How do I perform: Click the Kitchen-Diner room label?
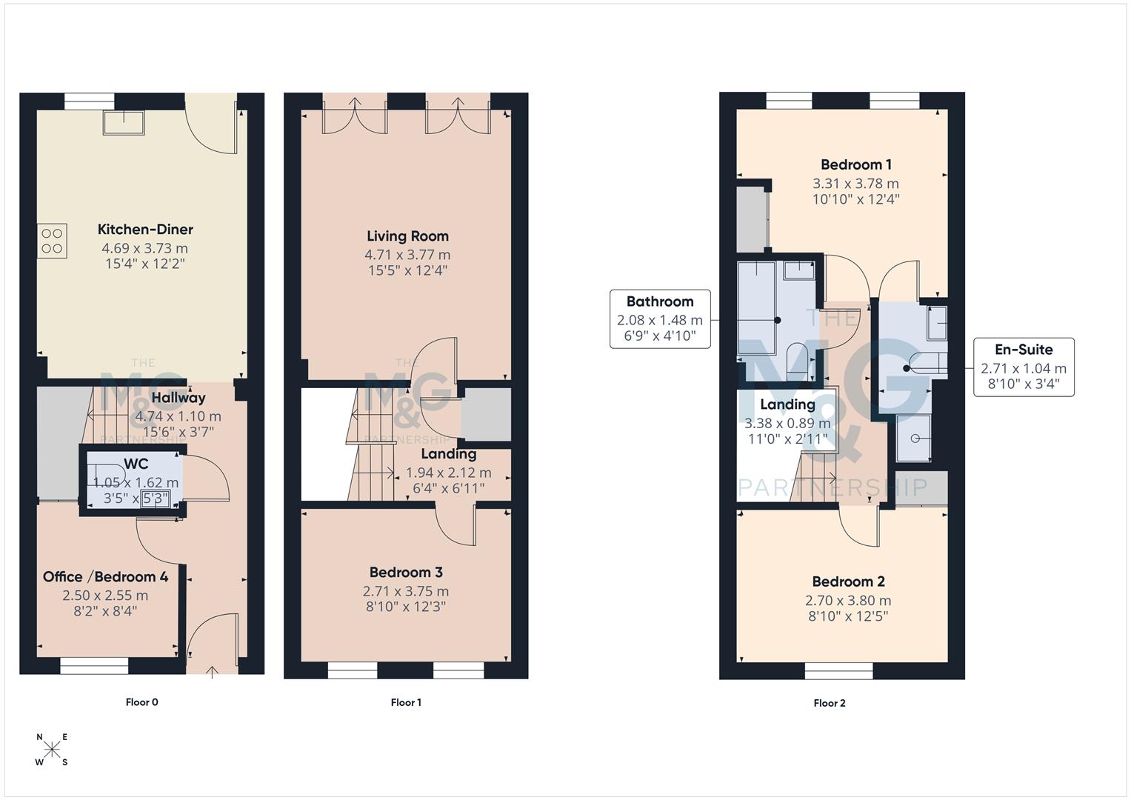point(145,230)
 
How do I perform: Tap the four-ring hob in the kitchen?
point(52,241)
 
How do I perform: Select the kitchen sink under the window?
point(124,123)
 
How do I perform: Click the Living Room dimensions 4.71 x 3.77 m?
point(407,255)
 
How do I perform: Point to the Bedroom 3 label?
point(406,573)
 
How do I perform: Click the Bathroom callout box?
point(659,319)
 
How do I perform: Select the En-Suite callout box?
point(1024,367)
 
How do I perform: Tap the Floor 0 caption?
point(142,702)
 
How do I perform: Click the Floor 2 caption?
point(830,703)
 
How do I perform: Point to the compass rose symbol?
point(53,750)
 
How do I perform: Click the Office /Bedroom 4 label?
point(105,577)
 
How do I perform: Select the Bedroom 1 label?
point(855,164)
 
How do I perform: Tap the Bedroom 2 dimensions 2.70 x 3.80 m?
point(848,601)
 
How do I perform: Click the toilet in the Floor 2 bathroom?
point(797,359)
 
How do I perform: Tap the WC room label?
point(136,464)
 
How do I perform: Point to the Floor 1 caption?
point(406,702)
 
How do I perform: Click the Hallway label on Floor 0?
point(179,398)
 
